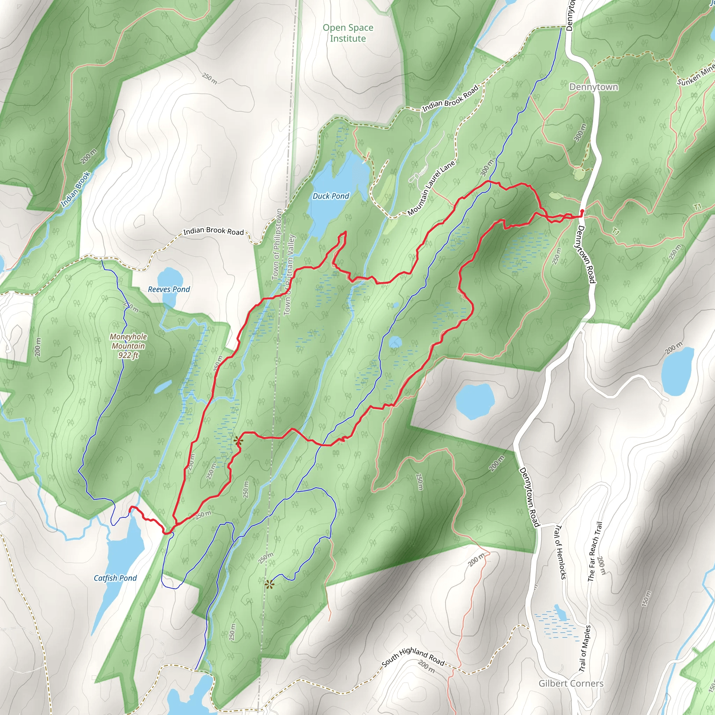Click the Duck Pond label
tap(331, 196)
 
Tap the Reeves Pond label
tap(169, 289)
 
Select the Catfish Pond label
tap(115, 578)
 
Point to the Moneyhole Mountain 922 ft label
tap(128, 346)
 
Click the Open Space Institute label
tap(348, 33)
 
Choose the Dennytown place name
tap(594, 87)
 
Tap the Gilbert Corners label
tap(571, 684)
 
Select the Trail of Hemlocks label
tap(560, 552)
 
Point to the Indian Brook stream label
tap(75, 189)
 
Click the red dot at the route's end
tap(582, 211)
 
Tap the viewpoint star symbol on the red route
tap(238, 441)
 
